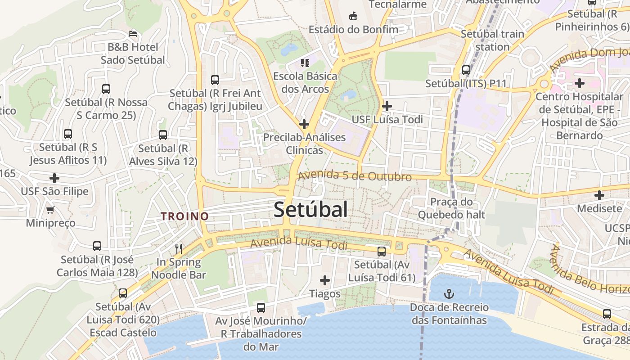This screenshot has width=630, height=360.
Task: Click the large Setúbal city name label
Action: click(x=310, y=210)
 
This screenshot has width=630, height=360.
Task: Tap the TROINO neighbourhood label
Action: click(x=185, y=216)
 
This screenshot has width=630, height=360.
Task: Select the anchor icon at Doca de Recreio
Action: click(x=449, y=294)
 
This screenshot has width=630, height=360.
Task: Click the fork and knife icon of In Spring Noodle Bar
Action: click(x=179, y=248)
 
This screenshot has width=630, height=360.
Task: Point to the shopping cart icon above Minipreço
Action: click(x=50, y=210)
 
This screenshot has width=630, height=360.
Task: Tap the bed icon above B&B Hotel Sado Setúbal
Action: click(x=132, y=34)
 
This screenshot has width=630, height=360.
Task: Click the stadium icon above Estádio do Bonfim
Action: click(x=353, y=16)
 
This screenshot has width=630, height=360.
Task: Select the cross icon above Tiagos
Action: click(x=324, y=280)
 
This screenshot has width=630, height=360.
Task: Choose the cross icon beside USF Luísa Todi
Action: click(x=387, y=106)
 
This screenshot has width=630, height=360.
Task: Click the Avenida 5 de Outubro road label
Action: click(x=355, y=175)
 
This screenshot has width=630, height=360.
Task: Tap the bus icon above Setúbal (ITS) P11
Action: click(x=466, y=70)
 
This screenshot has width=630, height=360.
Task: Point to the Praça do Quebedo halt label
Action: click(x=451, y=208)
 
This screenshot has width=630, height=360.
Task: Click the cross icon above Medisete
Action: click(x=599, y=195)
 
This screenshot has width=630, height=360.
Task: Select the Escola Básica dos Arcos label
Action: click(x=305, y=82)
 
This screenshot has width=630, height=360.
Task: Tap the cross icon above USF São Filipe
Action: click(x=54, y=178)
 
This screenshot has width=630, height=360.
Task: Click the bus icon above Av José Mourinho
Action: click(x=261, y=308)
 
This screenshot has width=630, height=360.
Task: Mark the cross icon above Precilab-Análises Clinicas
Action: click(x=304, y=124)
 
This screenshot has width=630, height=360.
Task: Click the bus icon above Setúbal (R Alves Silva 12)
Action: click(x=163, y=135)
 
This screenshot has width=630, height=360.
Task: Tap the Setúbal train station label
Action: click(x=492, y=40)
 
